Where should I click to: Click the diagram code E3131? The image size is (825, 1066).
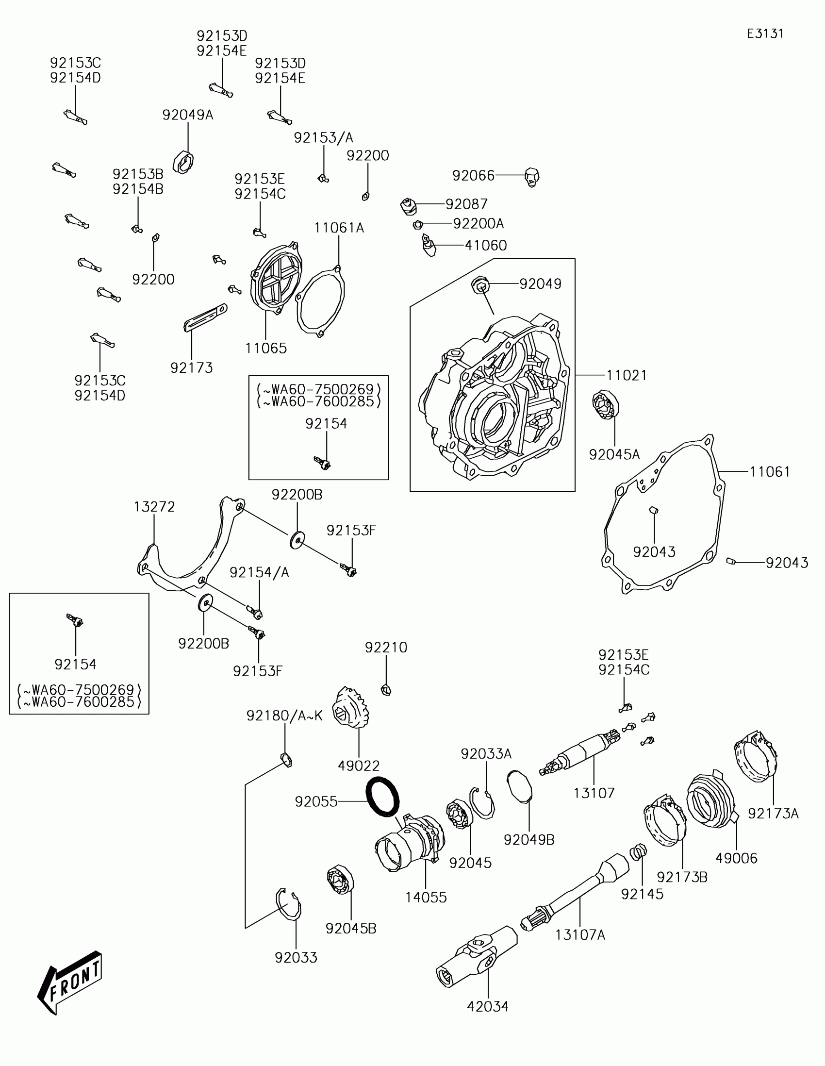pos(765,33)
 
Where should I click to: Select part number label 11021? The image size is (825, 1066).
pos(627,375)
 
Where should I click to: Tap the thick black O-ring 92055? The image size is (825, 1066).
pos(382,797)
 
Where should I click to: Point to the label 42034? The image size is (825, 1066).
pos(487,1006)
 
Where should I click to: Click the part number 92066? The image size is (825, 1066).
pos(473,175)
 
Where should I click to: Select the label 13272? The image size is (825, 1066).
pos(154,507)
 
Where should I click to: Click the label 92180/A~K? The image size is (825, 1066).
pos(284,716)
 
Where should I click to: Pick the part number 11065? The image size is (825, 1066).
pos(266,348)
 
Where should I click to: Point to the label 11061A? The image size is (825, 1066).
pos(339,228)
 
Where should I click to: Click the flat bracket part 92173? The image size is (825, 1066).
pos(205,317)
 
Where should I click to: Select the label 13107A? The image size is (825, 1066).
pos(580,935)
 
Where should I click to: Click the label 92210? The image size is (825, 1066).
pos(386,648)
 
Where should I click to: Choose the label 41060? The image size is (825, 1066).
pos(485,245)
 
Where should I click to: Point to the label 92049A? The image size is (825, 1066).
pos(188,115)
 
